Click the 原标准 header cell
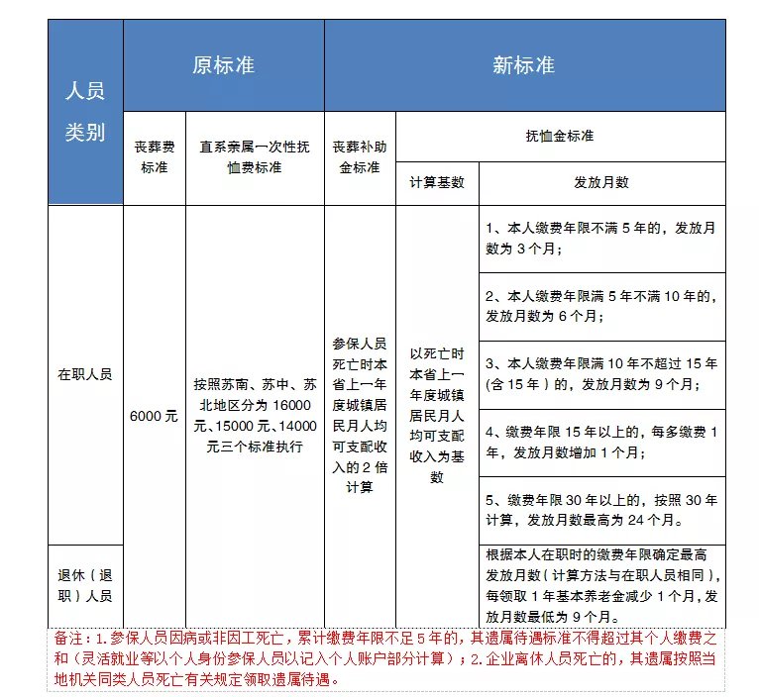tap(223, 65)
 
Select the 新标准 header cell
tap(523, 65)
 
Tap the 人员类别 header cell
tap(85, 112)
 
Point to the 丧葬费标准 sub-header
tap(155, 156)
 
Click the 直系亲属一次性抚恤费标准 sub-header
tap(255, 156)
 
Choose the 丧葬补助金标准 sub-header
tap(360, 156)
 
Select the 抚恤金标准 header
tap(560, 136)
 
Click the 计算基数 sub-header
tap(437, 183)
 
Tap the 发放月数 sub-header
tap(601, 183)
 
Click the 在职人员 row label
tap(85, 374)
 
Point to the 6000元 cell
tap(154, 416)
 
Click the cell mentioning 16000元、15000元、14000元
tap(255, 415)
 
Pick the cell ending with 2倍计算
tap(360, 415)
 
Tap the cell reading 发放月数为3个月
tap(601, 239)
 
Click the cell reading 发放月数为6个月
tap(601, 306)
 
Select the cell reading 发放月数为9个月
tap(601, 374)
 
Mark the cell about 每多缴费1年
tap(601, 442)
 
